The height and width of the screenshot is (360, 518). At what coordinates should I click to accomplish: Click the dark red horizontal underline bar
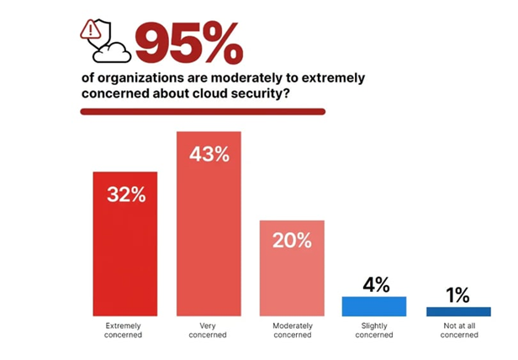202,111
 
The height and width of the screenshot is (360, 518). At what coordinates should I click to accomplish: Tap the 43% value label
209,155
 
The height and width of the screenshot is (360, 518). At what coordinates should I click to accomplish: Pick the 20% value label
292,241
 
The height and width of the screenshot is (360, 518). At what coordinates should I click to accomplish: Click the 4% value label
375,284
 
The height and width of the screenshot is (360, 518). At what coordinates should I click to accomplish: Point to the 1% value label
458,295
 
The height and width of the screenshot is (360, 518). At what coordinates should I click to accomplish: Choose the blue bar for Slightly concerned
374,306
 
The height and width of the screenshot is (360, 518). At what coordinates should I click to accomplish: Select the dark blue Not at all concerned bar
458,312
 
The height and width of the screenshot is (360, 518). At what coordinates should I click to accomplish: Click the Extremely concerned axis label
125,329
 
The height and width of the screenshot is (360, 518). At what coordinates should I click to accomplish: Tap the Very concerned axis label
209,329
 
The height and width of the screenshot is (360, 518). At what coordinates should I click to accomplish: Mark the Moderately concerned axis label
292,329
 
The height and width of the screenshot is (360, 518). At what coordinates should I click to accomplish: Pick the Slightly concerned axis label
374,329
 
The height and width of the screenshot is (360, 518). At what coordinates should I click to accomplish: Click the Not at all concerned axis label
458,329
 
